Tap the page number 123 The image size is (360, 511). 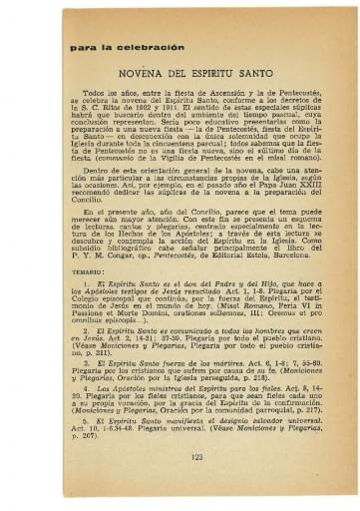pyautogui.click(x=180, y=457)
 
